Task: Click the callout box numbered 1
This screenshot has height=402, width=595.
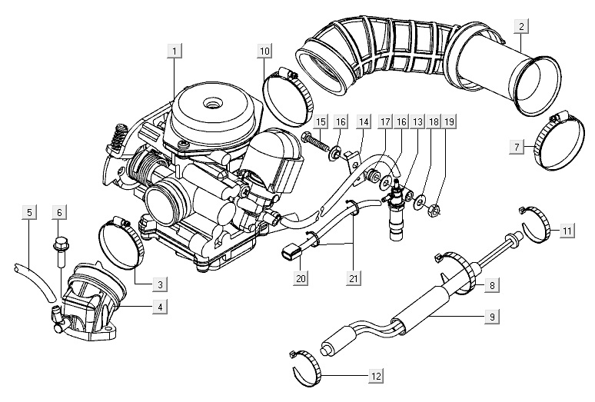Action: coord(175,52)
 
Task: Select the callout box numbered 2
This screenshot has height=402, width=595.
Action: coord(521,28)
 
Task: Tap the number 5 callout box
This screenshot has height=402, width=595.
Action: coord(28,211)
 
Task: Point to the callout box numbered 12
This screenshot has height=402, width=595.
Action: coord(374,377)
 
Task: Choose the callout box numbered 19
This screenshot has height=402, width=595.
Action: coord(450,121)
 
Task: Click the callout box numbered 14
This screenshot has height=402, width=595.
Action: coord(363,121)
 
